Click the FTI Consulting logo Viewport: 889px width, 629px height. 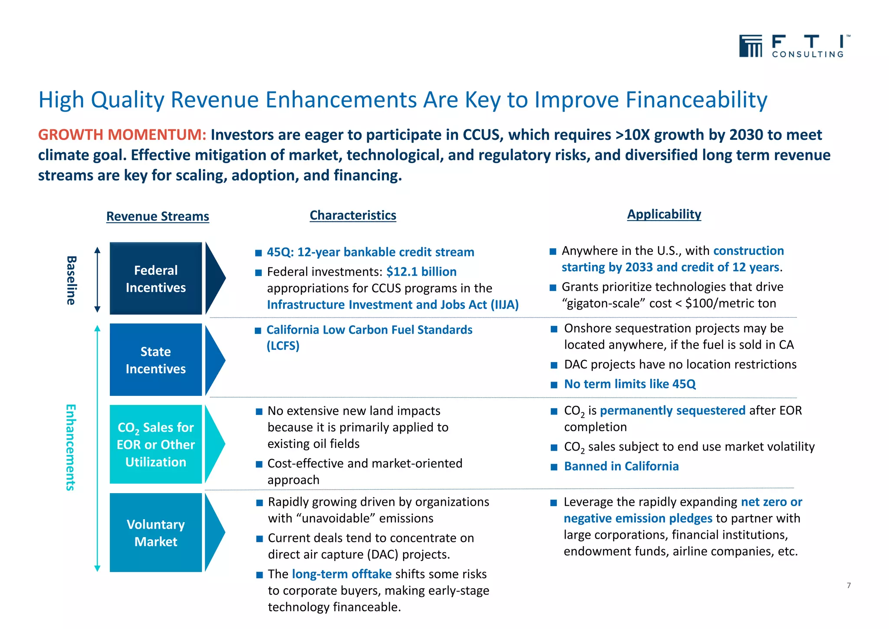coord(794,46)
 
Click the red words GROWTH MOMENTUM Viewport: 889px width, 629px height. coord(122,135)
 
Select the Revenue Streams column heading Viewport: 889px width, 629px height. coord(158,216)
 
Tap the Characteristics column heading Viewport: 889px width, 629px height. coord(352,215)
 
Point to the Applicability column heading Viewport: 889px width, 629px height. coord(664,214)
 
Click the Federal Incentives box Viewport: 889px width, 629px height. coord(156,279)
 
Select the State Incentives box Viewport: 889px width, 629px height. coord(156,360)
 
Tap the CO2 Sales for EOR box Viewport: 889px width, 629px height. coord(156,445)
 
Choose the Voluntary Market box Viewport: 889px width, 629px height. coord(156,533)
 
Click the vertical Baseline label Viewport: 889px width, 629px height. coord(71,280)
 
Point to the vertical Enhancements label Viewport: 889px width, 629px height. coord(70,447)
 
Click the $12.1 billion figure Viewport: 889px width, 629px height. coord(421,272)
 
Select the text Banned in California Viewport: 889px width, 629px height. coord(621,466)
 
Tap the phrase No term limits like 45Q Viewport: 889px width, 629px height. coord(629,384)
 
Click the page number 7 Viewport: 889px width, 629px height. coord(849,586)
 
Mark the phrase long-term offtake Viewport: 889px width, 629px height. coord(342,574)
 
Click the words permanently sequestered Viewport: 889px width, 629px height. coord(672,411)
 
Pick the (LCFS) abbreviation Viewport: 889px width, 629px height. coord(283,346)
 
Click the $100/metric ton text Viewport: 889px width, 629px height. coord(730,303)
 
